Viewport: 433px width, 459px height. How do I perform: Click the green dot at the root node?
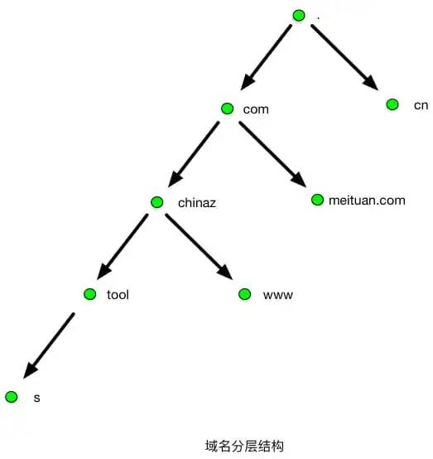click(x=299, y=15)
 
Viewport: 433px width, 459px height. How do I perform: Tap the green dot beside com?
click(x=228, y=109)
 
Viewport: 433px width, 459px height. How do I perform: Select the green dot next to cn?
click(x=392, y=104)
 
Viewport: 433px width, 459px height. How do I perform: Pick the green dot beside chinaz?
click(x=157, y=202)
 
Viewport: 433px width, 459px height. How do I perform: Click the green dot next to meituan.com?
click(x=317, y=200)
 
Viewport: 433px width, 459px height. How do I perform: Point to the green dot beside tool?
click(x=90, y=294)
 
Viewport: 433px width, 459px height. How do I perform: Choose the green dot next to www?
click(x=244, y=294)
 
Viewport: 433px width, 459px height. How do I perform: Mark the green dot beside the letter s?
click(x=11, y=397)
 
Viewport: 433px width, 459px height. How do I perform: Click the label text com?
click(x=256, y=109)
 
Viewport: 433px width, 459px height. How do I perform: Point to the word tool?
click(x=118, y=295)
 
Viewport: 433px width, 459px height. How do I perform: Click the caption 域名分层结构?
click(x=244, y=446)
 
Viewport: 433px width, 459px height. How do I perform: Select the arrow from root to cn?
click(x=343, y=56)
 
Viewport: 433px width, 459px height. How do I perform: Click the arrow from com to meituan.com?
click(x=271, y=153)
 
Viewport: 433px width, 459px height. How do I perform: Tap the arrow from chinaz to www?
click(x=197, y=245)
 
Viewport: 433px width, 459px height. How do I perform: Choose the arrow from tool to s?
click(x=51, y=345)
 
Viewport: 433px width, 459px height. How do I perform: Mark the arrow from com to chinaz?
click(x=194, y=152)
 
